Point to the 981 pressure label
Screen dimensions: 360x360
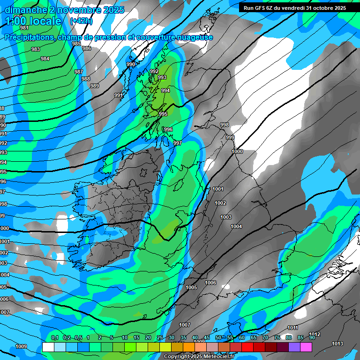pos(24,28)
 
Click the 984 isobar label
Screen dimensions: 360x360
pos(45,59)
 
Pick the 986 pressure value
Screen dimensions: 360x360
pos(87,48)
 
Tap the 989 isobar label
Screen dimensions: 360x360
pos(95,86)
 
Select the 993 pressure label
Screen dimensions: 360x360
pos(162,77)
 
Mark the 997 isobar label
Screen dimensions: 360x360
pos(177,143)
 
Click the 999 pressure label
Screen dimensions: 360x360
pos(230,137)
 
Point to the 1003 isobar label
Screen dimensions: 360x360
pos(226,217)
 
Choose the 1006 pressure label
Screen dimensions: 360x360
pos(210,283)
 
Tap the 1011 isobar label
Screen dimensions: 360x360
pos(292,328)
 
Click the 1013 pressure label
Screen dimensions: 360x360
pos(337,344)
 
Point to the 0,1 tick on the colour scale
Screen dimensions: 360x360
pos(55,337)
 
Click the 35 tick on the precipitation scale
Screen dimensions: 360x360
pos(183,337)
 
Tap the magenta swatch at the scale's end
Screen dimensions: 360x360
pos(306,347)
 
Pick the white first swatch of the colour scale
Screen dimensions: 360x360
pos(48,347)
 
